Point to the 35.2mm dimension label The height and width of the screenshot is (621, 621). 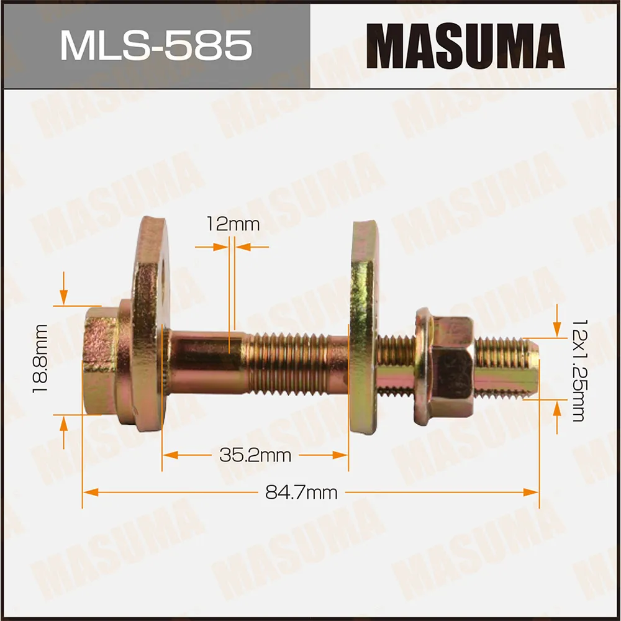coord(255,455)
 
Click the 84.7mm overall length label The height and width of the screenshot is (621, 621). coord(301,492)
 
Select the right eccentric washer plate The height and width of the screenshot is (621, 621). coord(364,329)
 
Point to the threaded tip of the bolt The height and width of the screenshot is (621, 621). coord(506,366)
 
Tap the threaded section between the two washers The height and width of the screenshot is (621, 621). coord(295,363)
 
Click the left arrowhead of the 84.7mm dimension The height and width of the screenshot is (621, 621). coord(91,492)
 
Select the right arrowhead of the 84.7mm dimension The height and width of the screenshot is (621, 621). coord(531,492)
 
